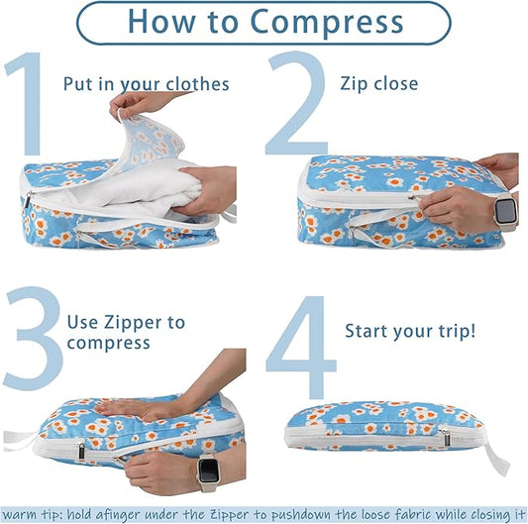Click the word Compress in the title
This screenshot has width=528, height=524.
click(326, 23)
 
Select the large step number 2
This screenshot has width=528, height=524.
click(296, 103)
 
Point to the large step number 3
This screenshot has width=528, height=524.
click(33, 338)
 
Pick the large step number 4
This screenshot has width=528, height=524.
click(301, 347)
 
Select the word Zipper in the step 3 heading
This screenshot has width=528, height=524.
click(133, 323)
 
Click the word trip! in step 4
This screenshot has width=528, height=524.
click(457, 331)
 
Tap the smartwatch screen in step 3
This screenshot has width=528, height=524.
click(208, 469)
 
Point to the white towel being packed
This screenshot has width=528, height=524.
click(133, 188)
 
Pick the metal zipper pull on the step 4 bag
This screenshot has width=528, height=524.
click(446, 436)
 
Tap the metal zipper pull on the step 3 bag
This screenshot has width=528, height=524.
click(81, 452)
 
